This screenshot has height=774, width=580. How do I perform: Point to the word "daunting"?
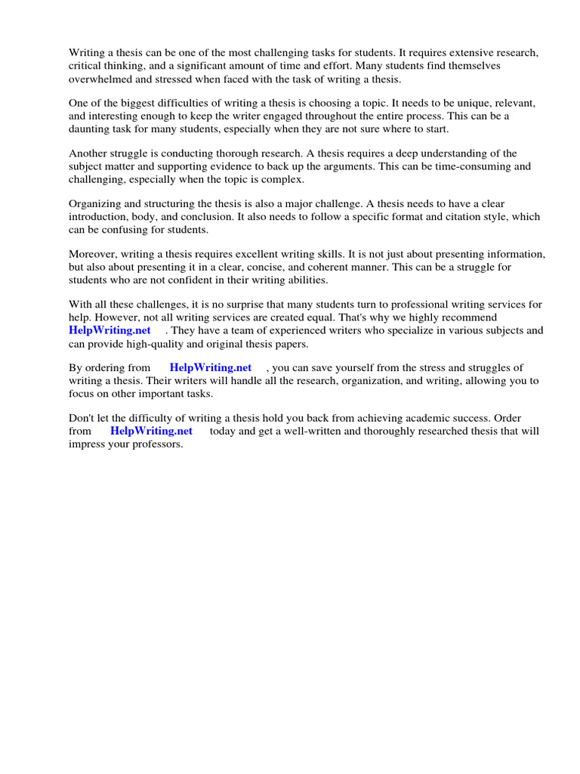click(90, 128)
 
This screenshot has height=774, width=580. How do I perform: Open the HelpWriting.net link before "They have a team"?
click(110, 330)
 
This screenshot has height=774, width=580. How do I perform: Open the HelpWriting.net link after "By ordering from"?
click(211, 368)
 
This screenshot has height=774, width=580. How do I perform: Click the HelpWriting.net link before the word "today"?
click(151, 431)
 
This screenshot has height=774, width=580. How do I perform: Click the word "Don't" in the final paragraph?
click(82, 418)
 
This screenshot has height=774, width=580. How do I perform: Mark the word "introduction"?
click(97, 216)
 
